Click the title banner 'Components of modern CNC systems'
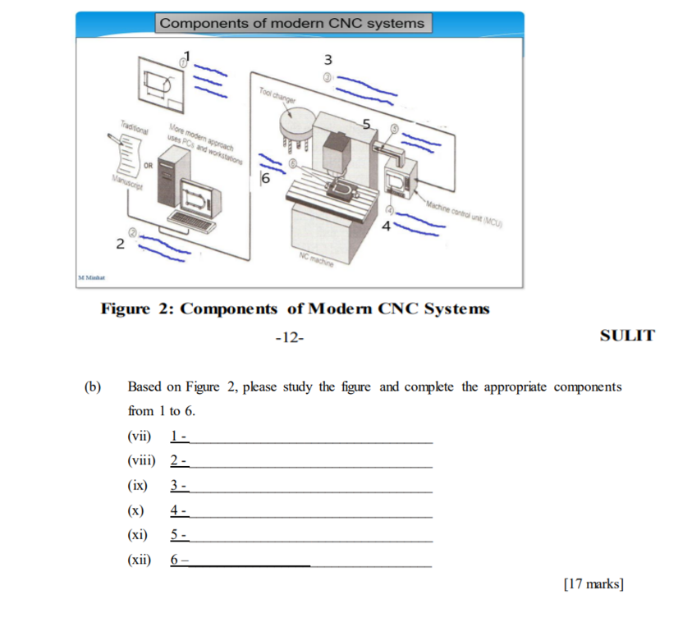pyautogui.click(x=293, y=23)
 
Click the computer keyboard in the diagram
pyautogui.click(x=190, y=221)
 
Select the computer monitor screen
pyautogui.click(x=199, y=195)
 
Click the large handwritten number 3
pyautogui.click(x=328, y=60)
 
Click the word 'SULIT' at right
pyautogui.click(x=627, y=335)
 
